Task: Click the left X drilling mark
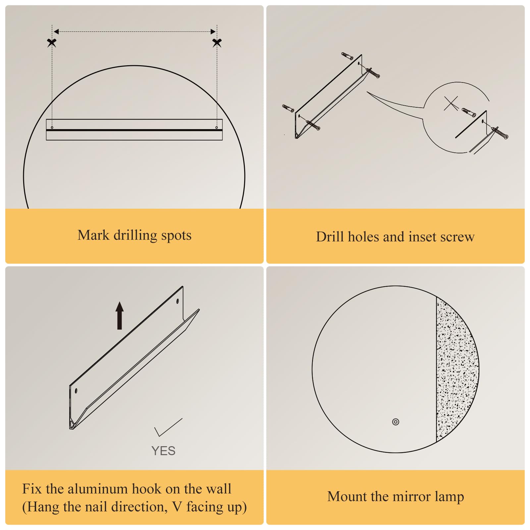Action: (x=52, y=43)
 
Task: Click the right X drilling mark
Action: (x=217, y=43)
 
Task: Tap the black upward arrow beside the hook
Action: (x=120, y=315)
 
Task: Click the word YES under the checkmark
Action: (x=163, y=451)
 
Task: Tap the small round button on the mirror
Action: (x=396, y=422)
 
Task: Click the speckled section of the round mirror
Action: (x=456, y=369)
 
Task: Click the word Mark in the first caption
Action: (x=93, y=235)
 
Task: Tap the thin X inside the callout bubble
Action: (x=451, y=103)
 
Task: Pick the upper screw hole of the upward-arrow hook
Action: (x=178, y=301)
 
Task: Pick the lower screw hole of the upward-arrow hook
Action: (x=76, y=391)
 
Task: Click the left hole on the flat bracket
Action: (x=52, y=128)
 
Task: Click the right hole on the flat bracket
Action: (x=217, y=128)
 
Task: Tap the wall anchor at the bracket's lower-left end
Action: (x=288, y=108)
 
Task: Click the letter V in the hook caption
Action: (x=177, y=507)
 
